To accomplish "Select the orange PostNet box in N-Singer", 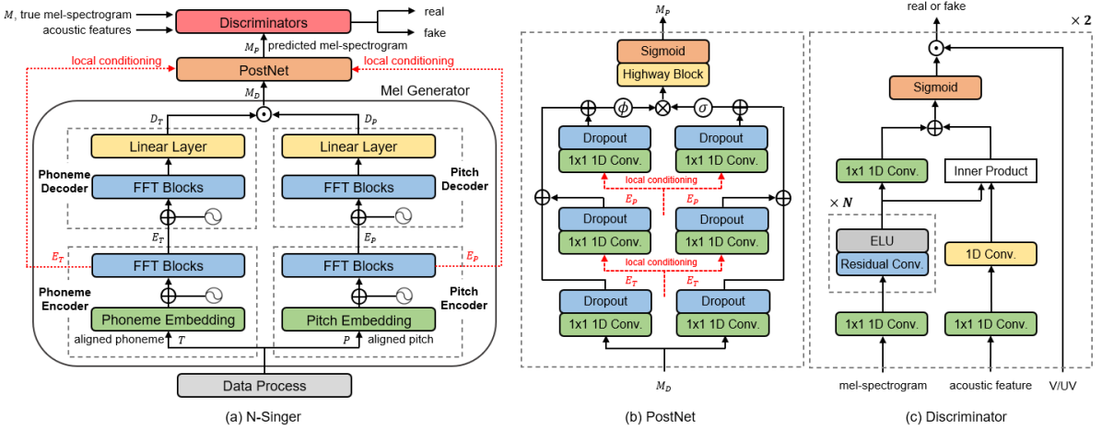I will (264, 69).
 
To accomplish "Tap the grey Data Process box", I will (264, 385).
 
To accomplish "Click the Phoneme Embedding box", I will (168, 320).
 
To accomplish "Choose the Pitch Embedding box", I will (359, 320).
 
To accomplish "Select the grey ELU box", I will (882, 238).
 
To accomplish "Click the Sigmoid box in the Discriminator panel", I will (935, 87).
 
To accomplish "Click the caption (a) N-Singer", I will (264, 417).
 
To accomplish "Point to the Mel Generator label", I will (426, 90).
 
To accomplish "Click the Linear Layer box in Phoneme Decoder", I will (168, 146).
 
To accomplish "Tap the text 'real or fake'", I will (935, 7).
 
